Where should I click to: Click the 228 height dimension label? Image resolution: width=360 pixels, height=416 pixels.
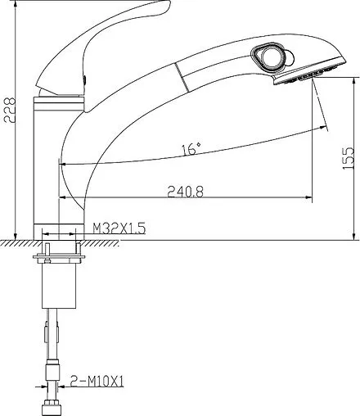(10, 110)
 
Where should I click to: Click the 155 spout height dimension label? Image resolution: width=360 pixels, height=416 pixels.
(348, 158)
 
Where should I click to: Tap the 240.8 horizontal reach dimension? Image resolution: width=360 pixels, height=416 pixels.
(186, 192)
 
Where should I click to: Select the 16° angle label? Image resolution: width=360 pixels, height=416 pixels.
(191, 149)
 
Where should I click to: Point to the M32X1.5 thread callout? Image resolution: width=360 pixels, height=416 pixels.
(119, 228)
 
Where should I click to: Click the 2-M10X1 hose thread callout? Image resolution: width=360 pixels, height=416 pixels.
(97, 381)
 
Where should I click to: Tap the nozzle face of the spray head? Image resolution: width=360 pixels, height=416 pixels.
(309, 71)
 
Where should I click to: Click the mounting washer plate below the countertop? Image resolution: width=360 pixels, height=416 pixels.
(59, 257)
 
